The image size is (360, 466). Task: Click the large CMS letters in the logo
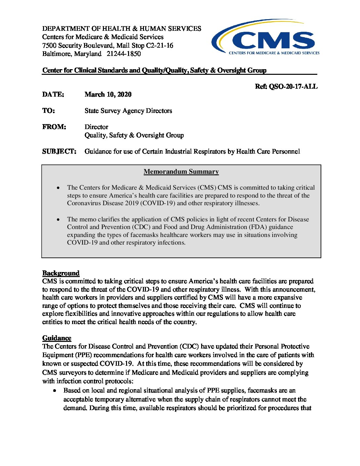(273, 40)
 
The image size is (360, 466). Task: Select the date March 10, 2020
(108, 94)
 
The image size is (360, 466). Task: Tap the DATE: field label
(53, 94)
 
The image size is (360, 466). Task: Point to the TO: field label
(49, 111)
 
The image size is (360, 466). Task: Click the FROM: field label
(54, 127)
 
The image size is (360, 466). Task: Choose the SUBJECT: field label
(59, 151)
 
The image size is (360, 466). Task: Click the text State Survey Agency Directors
(128, 111)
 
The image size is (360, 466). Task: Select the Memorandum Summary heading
(181, 171)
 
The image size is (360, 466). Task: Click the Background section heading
(61, 273)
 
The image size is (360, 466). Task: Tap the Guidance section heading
(57, 338)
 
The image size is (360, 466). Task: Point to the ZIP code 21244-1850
(123, 54)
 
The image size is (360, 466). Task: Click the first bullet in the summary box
(59, 188)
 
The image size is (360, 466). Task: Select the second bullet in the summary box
(59, 219)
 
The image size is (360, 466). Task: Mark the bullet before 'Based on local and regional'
(55, 391)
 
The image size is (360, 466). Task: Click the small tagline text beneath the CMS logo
(274, 53)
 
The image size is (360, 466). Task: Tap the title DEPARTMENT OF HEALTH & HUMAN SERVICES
(121, 28)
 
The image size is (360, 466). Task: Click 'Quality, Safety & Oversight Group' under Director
(134, 135)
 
